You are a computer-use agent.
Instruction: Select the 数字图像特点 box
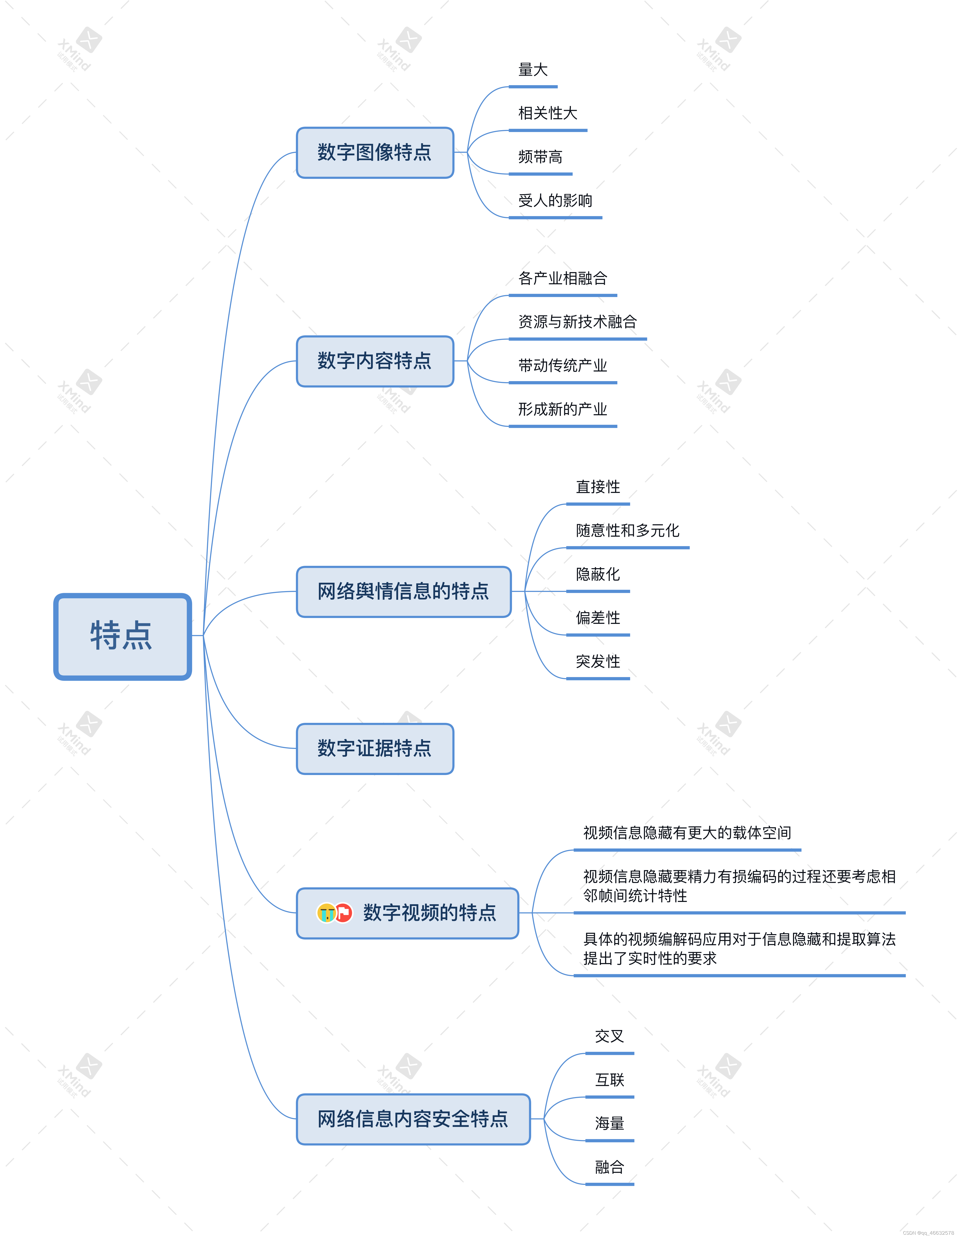pos(375,152)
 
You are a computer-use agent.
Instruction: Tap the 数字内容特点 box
pos(375,361)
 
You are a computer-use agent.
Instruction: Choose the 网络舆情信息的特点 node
pos(403,591)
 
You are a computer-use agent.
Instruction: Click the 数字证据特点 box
pos(375,748)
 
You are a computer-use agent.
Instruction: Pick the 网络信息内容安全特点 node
pos(413,1119)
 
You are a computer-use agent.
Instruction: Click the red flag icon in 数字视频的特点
pos(343,913)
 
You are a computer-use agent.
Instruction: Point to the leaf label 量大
pos(533,70)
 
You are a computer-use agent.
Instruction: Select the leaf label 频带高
pos(540,157)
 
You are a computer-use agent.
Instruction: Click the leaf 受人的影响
pos(555,201)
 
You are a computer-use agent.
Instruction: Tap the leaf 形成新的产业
pos(562,409)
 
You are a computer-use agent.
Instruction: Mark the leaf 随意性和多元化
pos(627,530)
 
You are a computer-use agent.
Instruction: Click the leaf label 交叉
pos(609,1036)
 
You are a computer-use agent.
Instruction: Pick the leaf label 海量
pos(609,1123)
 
